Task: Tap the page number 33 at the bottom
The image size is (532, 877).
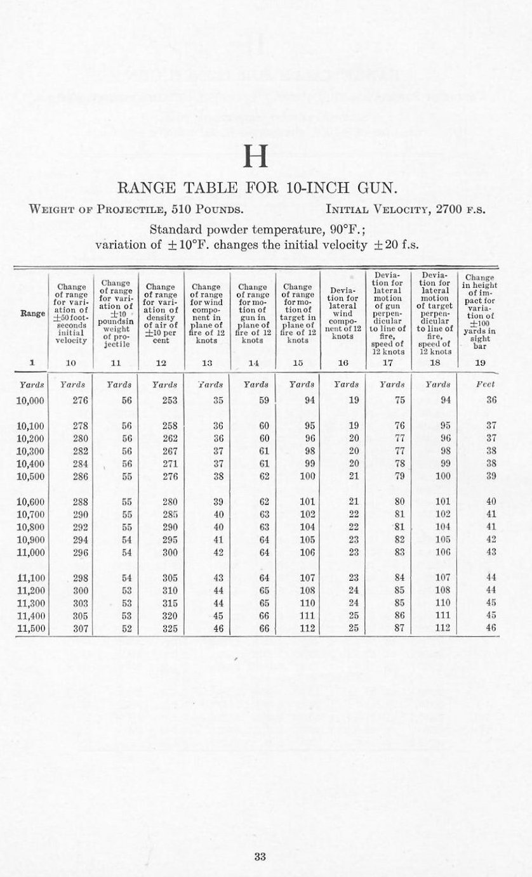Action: pos(259,857)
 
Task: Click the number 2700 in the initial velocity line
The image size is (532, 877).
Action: pos(445,209)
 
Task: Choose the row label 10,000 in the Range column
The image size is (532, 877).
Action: pos(30,400)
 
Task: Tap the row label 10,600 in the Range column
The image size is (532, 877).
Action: pos(30,501)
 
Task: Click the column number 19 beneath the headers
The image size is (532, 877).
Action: pos(480,363)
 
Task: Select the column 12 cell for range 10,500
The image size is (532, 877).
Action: pos(170,476)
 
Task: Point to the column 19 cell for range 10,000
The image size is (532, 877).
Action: pos(491,400)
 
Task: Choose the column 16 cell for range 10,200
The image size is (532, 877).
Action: pos(354,438)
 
